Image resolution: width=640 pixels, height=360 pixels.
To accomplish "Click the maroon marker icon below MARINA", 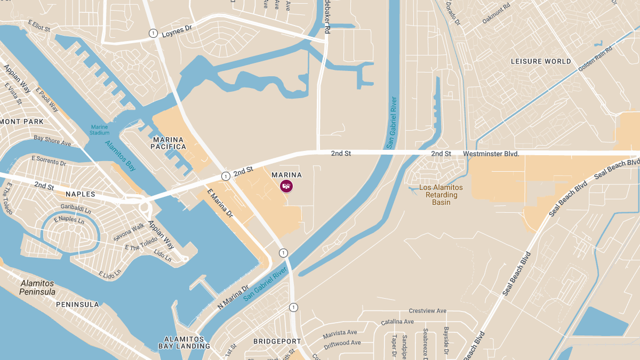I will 286,186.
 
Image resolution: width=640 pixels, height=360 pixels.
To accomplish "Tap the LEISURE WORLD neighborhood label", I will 541,61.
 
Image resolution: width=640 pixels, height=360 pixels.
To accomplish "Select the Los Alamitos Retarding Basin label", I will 441,195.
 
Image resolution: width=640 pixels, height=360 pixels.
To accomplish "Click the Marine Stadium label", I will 99,130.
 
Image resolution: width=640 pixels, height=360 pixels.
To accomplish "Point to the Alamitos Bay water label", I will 121,155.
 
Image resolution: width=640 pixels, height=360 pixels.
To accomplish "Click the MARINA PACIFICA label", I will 170,143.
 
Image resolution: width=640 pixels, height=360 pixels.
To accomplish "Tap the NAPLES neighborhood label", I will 81,194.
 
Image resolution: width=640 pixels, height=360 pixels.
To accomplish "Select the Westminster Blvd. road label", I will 491,154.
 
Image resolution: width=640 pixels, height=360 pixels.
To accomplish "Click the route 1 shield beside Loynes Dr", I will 153,33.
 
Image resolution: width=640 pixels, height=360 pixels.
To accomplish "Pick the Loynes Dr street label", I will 177,31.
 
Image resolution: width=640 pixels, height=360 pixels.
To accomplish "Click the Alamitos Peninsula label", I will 37,287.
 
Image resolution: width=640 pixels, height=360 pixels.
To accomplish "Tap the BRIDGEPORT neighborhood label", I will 277,341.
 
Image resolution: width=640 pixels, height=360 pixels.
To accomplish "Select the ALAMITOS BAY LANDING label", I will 184,342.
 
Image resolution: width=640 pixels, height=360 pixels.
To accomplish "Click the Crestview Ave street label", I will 427,311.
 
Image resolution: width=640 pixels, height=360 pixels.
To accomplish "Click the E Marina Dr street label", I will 220,203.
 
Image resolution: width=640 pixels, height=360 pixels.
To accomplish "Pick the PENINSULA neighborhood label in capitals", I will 77,305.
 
